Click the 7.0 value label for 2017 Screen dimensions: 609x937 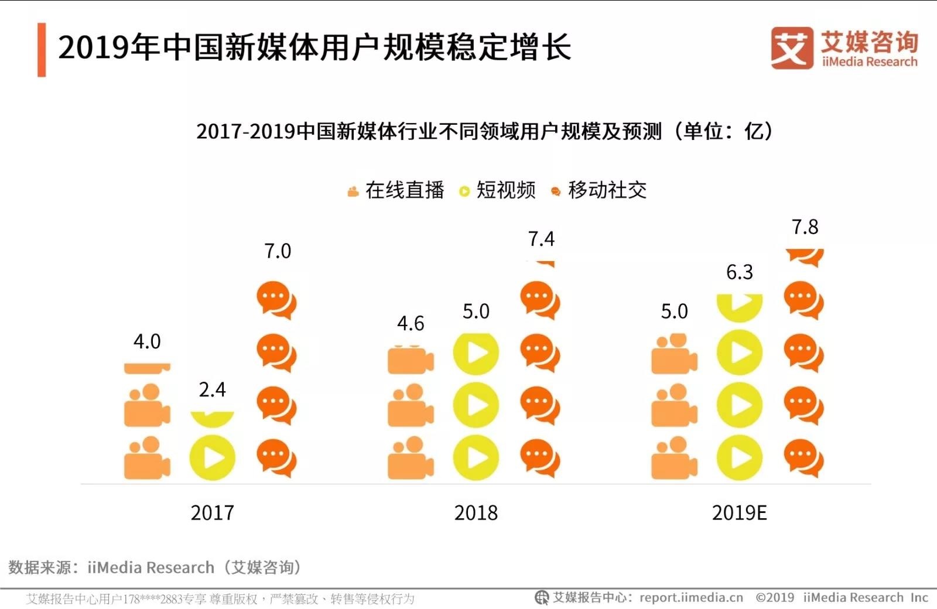[278, 251]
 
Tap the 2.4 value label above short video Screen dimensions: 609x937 [212, 389]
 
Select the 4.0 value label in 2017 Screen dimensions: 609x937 [147, 341]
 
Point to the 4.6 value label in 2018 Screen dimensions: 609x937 [411, 323]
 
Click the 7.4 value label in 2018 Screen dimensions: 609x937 [541, 239]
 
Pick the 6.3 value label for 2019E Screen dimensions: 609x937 [740, 272]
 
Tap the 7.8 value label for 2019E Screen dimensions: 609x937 [805, 227]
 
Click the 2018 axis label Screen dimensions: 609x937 [476, 513]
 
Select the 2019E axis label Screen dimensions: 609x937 [739, 513]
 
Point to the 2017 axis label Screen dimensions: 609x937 [212, 513]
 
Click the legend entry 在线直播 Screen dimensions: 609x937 [404, 190]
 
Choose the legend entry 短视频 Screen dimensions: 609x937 [505, 190]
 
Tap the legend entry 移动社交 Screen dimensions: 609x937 [607, 190]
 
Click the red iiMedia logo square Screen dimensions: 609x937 [792, 48]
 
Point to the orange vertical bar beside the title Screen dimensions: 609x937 [42, 50]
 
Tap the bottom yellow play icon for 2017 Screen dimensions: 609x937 [212, 458]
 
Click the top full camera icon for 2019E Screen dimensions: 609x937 [674, 354]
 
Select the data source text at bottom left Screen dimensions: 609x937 [155, 567]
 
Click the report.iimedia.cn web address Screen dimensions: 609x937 [691, 598]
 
